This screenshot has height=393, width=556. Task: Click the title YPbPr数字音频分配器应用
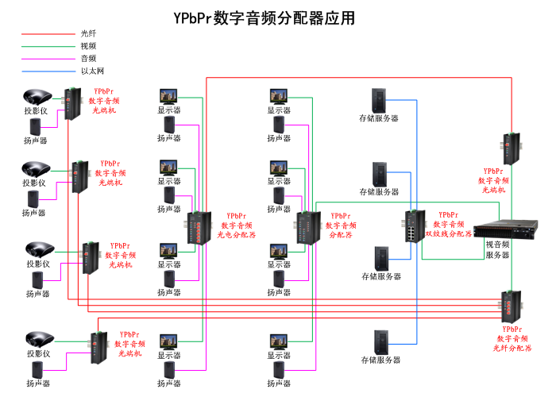264,17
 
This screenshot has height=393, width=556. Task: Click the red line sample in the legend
47,34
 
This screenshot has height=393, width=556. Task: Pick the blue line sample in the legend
47,71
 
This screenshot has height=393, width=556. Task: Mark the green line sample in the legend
47,46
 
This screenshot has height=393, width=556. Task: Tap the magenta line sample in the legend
47,59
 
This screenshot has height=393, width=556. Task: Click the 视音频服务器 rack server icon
501,231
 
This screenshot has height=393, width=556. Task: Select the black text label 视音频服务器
497,251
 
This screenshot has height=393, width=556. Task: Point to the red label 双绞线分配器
449,234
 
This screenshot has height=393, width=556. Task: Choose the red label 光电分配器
237,235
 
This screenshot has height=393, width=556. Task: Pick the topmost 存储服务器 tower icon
380,100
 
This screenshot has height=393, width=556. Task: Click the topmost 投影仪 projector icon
37,98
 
